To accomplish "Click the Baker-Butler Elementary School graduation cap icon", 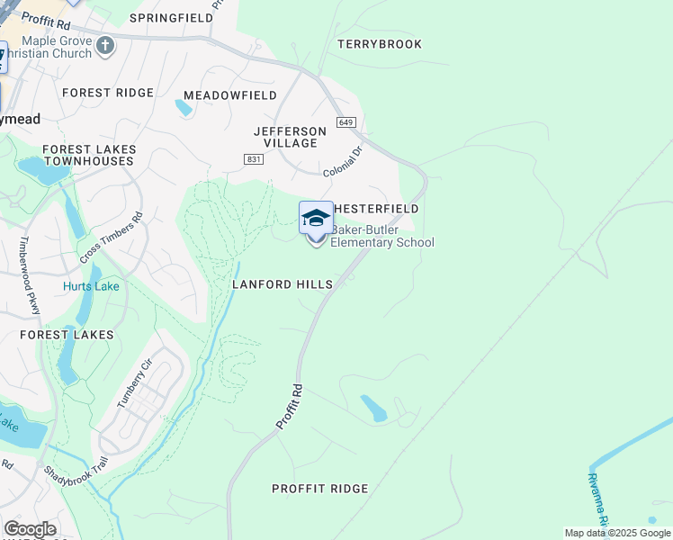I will (x=316, y=218).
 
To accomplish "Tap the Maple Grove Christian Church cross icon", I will (x=106, y=45).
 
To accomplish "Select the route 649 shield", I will (x=347, y=122).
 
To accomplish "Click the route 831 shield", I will (x=253, y=158).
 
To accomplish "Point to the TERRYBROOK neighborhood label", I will (x=379, y=44).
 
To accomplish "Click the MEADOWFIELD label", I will (x=230, y=94).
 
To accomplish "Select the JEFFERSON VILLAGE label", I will (x=290, y=137).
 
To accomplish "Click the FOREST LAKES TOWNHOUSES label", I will (x=89, y=155).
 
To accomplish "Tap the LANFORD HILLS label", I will (x=283, y=284).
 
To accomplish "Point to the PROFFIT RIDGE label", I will (x=320, y=489).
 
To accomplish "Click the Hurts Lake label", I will (x=91, y=287).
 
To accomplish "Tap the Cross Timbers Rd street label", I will (x=112, y=237).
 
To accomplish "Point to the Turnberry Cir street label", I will (x=136, y=383).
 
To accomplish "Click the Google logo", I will (x=30, y=528).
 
